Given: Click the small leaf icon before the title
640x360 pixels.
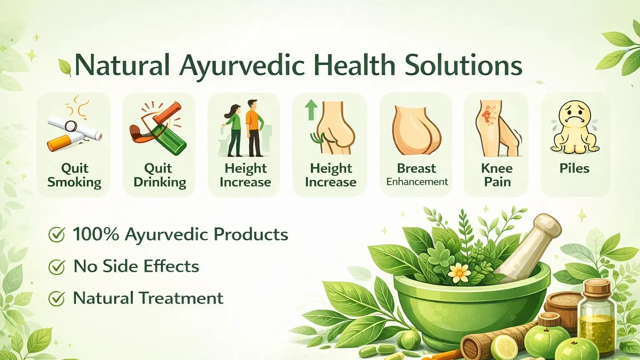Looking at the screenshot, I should click(x=65, y=67).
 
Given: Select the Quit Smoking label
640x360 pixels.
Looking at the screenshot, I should click(x=74, y=175).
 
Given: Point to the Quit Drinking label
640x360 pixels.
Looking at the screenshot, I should click(x=159, y=175).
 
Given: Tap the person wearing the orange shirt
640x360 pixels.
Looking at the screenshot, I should click(x=254, y=127).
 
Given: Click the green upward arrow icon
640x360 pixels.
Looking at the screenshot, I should click(x=310, y=109).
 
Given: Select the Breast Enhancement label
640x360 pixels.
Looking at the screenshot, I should click(x=417, y=175).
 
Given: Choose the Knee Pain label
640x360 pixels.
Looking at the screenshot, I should click(x=497, y=175).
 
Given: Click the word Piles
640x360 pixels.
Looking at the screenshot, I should click(x=574, y=168).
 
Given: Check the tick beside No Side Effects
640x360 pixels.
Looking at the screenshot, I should click(x=57, y=267).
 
